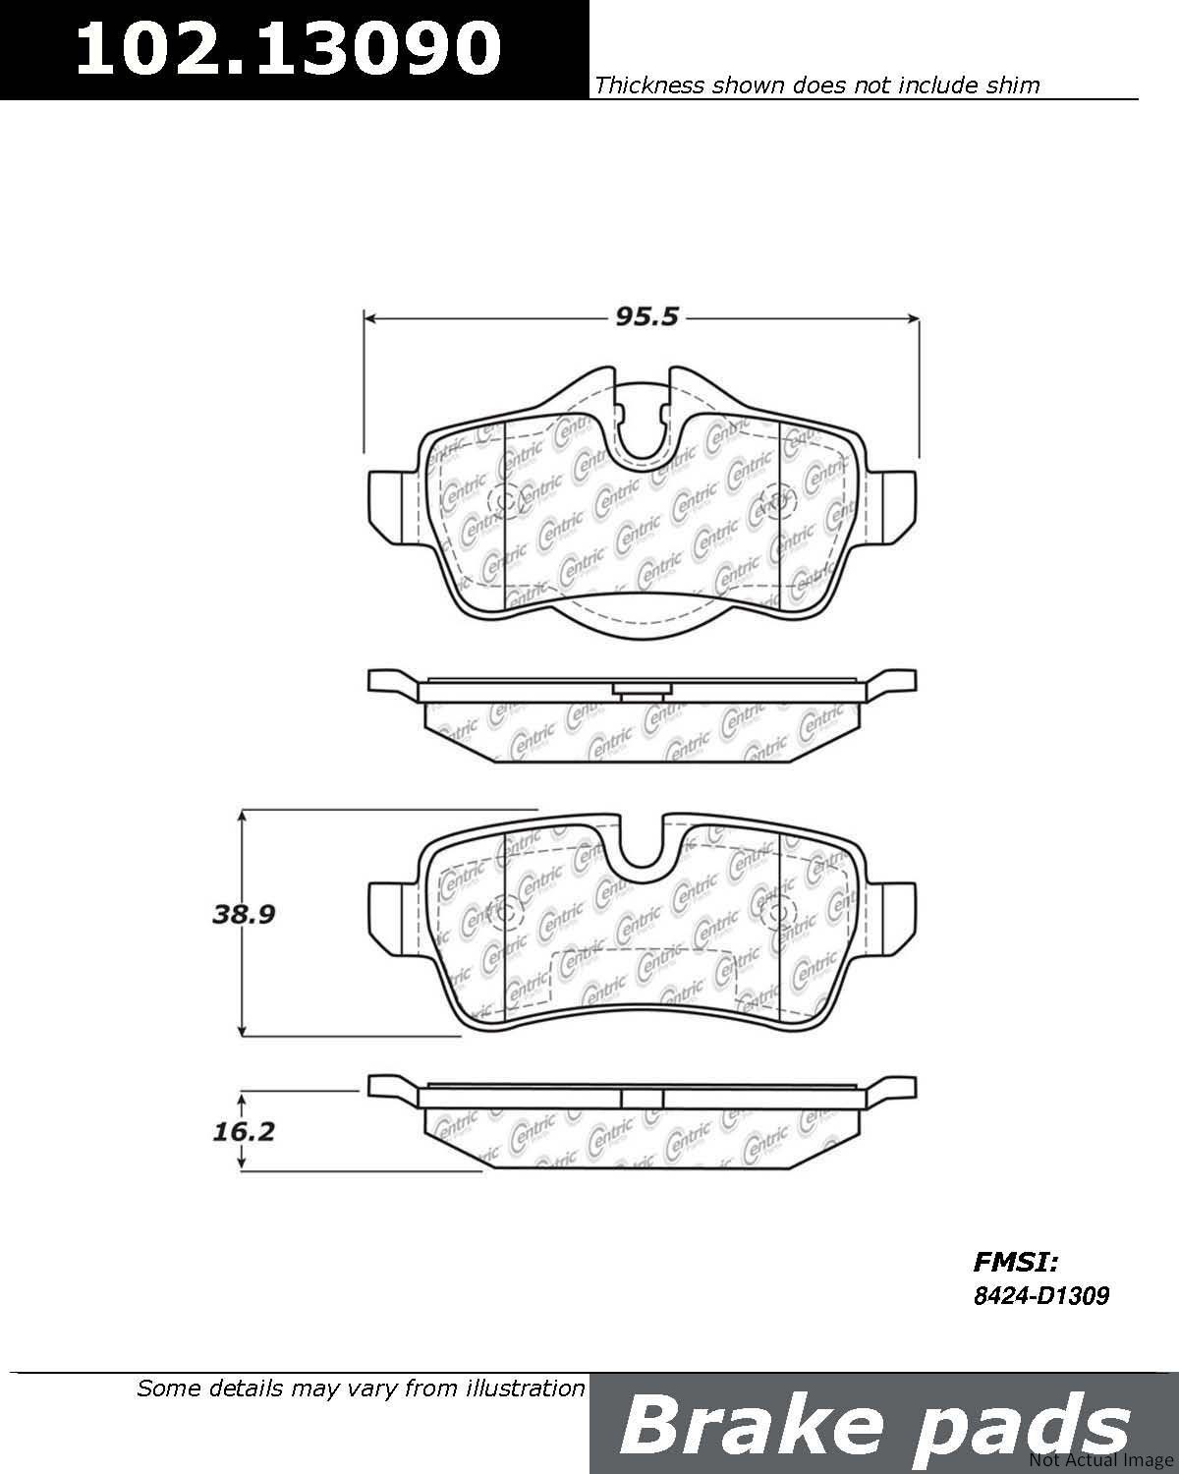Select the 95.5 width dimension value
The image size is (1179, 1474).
click(646, 316)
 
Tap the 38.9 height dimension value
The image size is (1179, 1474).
click(244, 914)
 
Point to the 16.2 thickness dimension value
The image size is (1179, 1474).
click(244, 1131)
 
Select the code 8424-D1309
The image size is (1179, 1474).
click(1040, 1295)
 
